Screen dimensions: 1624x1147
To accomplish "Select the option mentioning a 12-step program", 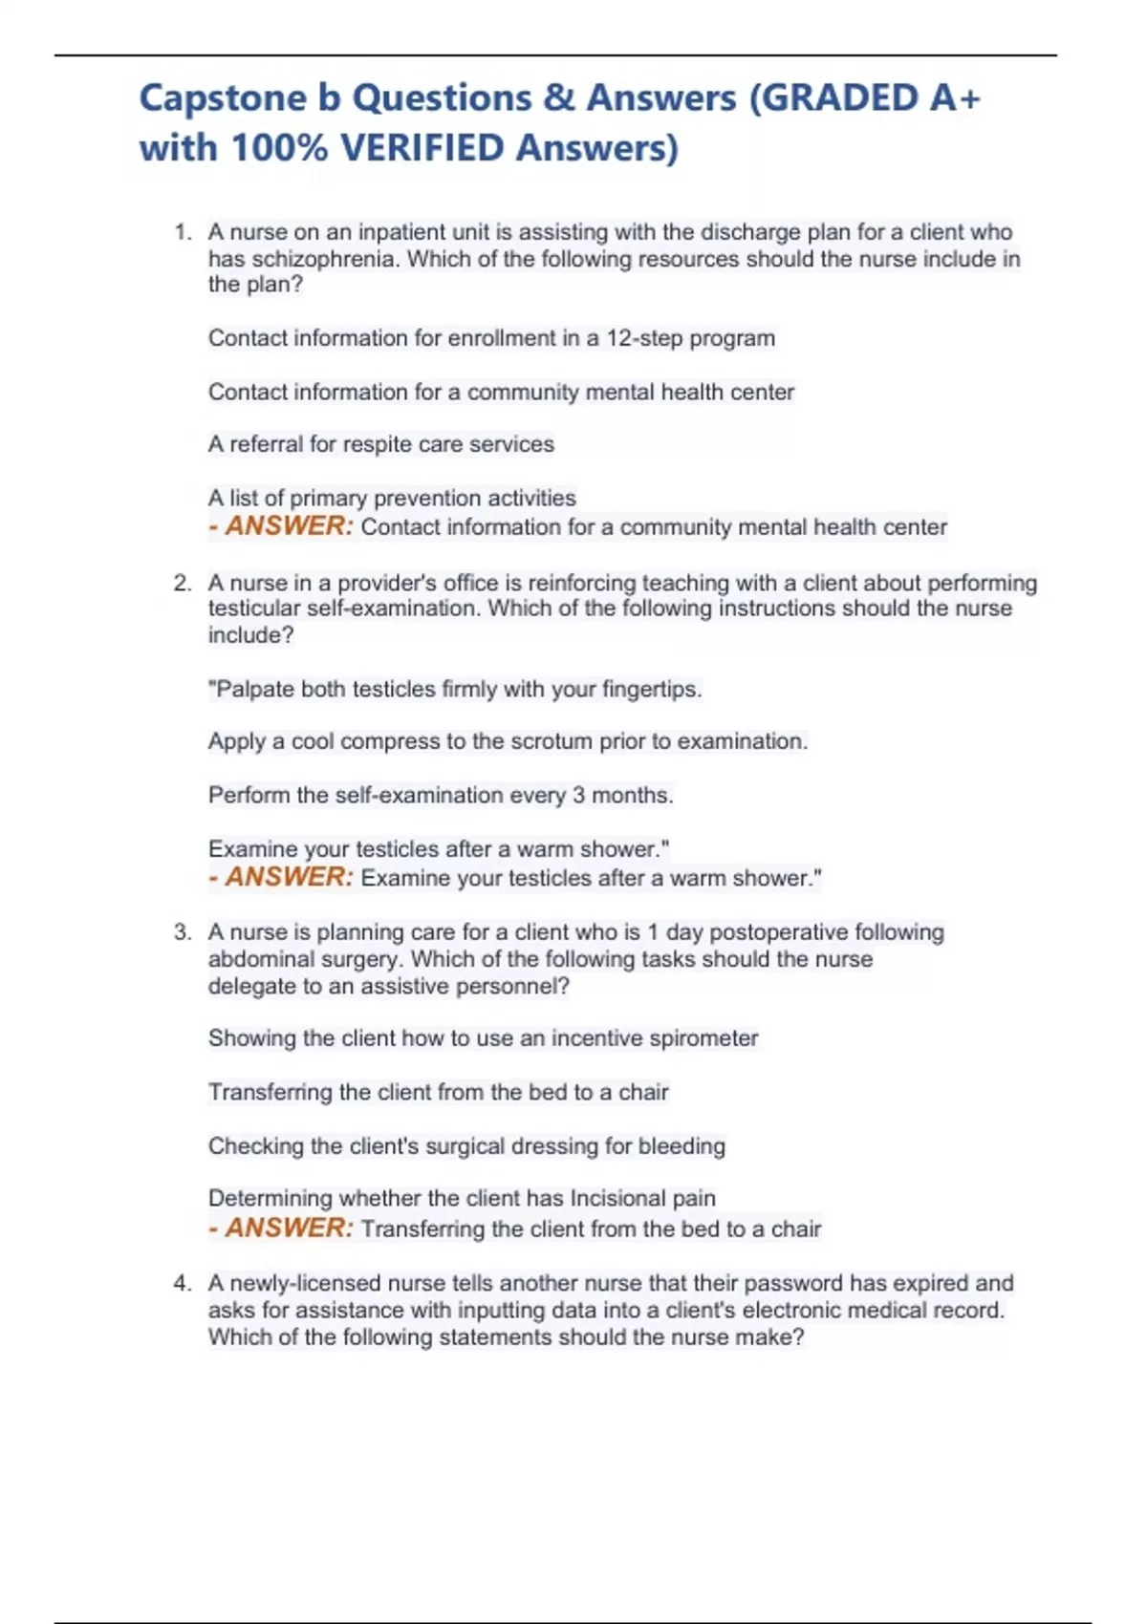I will pyautogui.click(x=491, y=338).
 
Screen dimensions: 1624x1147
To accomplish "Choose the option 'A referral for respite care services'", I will pyautogui.click(x=380, y=444).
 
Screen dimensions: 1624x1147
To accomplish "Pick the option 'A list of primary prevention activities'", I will pyautogui.click(x=392, y=498).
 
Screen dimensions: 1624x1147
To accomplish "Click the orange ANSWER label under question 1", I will pyautogui.click(x=289, y=526).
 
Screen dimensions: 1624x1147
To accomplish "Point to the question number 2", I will pyautogui.click(x=183, y=583).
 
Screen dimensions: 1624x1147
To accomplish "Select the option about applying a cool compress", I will pyautogui.click(x=508, y=741).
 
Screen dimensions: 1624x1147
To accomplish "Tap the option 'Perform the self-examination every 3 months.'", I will pyautogui.click(x=441, y=795).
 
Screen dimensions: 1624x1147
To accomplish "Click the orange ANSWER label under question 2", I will pyautogui.click(x=289, y=877).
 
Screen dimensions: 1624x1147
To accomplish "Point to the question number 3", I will pyautogui.click(x=183, y=932).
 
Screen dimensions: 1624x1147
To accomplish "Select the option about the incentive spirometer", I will pyautogui.click(x=483, y=1038).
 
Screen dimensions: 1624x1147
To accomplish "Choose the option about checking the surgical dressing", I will pyautogui.click(x=466, y=1145).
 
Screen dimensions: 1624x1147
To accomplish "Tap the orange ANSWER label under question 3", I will pyautogui.click(x=289, y=1228).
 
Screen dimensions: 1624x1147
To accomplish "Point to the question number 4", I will pyautogui.click(x=183, y=1283).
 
